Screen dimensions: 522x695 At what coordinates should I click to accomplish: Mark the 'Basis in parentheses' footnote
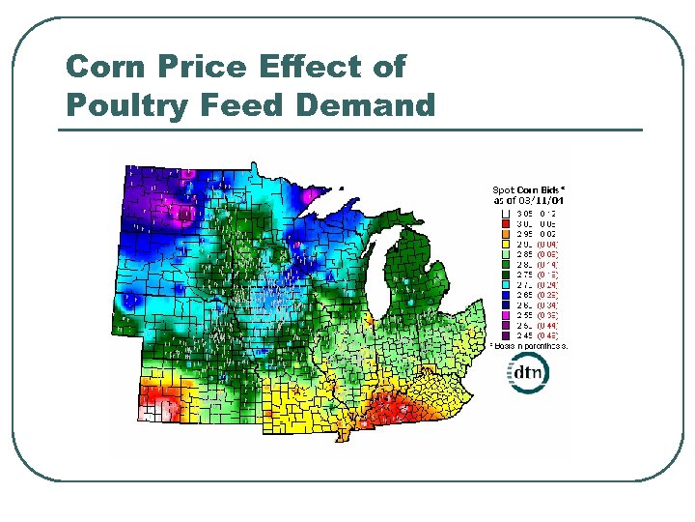(x=530, y=344)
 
